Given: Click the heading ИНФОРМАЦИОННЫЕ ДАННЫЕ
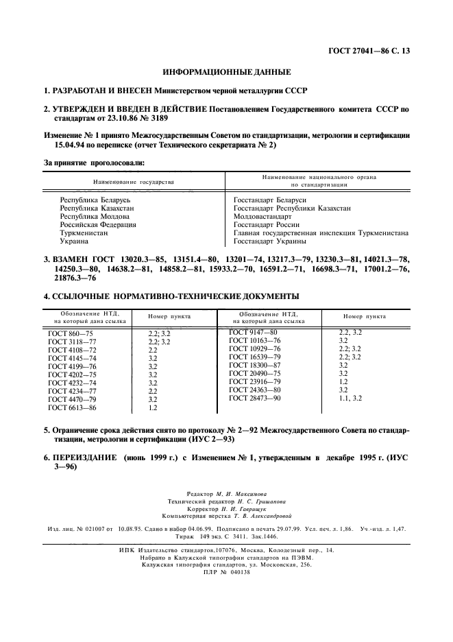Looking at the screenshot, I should (226, 72).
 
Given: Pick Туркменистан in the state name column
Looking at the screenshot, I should (84, 233).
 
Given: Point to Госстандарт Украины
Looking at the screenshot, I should (269, 241).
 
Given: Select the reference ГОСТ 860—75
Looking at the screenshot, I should (64, 333).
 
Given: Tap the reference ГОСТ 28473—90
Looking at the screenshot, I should (255, 398).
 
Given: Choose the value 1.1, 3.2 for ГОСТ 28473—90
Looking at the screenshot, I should (351, 398).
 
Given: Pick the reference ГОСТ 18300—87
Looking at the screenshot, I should (255, 365).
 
